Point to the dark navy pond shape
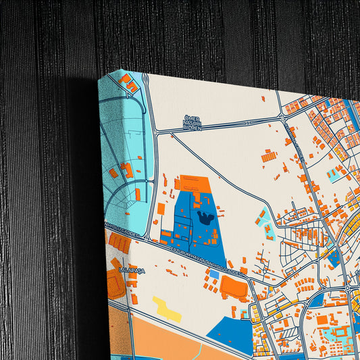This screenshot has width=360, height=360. click(x=207, y=218)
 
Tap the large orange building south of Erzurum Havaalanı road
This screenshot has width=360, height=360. click(x=234, y=288)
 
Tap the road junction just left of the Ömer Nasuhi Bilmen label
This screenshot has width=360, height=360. click(x=156, y=130)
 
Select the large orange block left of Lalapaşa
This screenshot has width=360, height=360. click(x=115, y=283)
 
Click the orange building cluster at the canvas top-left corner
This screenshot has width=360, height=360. click(x=129, y=84)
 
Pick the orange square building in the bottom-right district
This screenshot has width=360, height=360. click(x=323, y=318)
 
